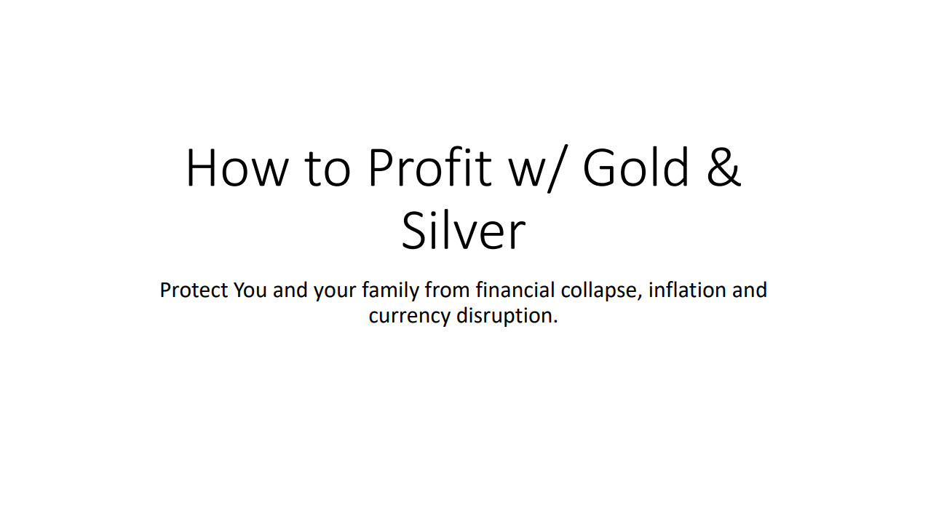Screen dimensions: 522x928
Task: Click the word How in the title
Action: tap(237, 168)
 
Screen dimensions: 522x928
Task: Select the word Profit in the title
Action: tap(429, 168)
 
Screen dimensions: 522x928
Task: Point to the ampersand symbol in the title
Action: tap(722, 168)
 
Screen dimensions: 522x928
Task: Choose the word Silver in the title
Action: tap(463, 232)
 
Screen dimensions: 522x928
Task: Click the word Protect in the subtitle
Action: tap(194, 290)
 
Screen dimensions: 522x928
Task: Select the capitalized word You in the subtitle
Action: tap(250, 290)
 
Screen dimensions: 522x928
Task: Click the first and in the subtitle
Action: tap(290, 290)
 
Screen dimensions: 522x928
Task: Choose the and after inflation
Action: tap(749, 290)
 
